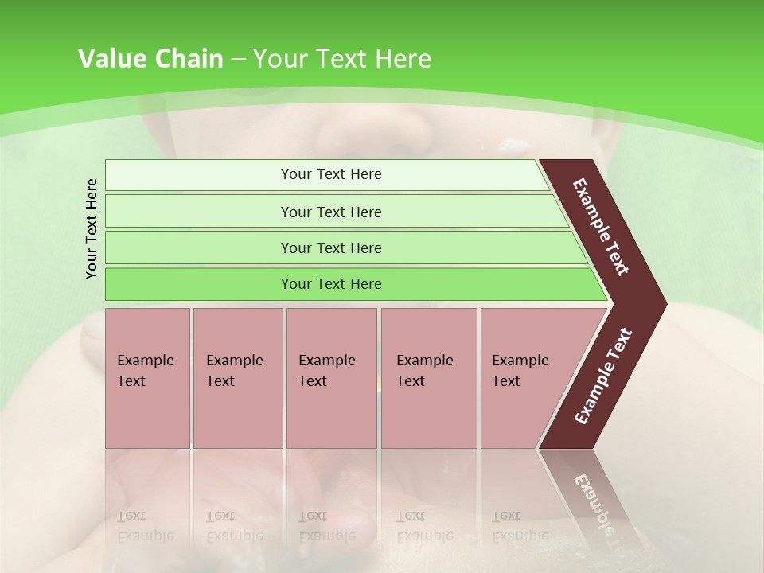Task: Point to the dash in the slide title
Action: pyautogui.click(x=238, y=60)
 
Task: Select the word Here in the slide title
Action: pyautogui.click(x=403, y=59)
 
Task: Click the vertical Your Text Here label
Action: pyautogui.click(x=92, y=228)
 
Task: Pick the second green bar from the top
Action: pyautogui.click(x=331, y=212)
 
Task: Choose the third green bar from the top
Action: pyautogui.click(x=331, y=248)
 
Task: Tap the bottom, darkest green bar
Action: pyautogui.click(x=331, y=284)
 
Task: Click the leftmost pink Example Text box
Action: pyautogui.click(x=147, y=378)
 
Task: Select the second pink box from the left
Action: pyautogui.click(x=237, y=378)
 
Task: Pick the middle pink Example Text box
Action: pyautogui.click(x=331, y=378)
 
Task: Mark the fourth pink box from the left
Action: pyautogui.click(x=429, y=378)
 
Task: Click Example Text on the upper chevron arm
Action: pyautogui.click(x=601, y=227)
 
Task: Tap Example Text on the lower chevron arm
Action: pyautogui.click(x=603, y=376)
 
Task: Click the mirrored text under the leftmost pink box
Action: pyautogui.click(x=145, y=525)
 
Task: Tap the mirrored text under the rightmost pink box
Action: pyautogui.click(x=520, y=525)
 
